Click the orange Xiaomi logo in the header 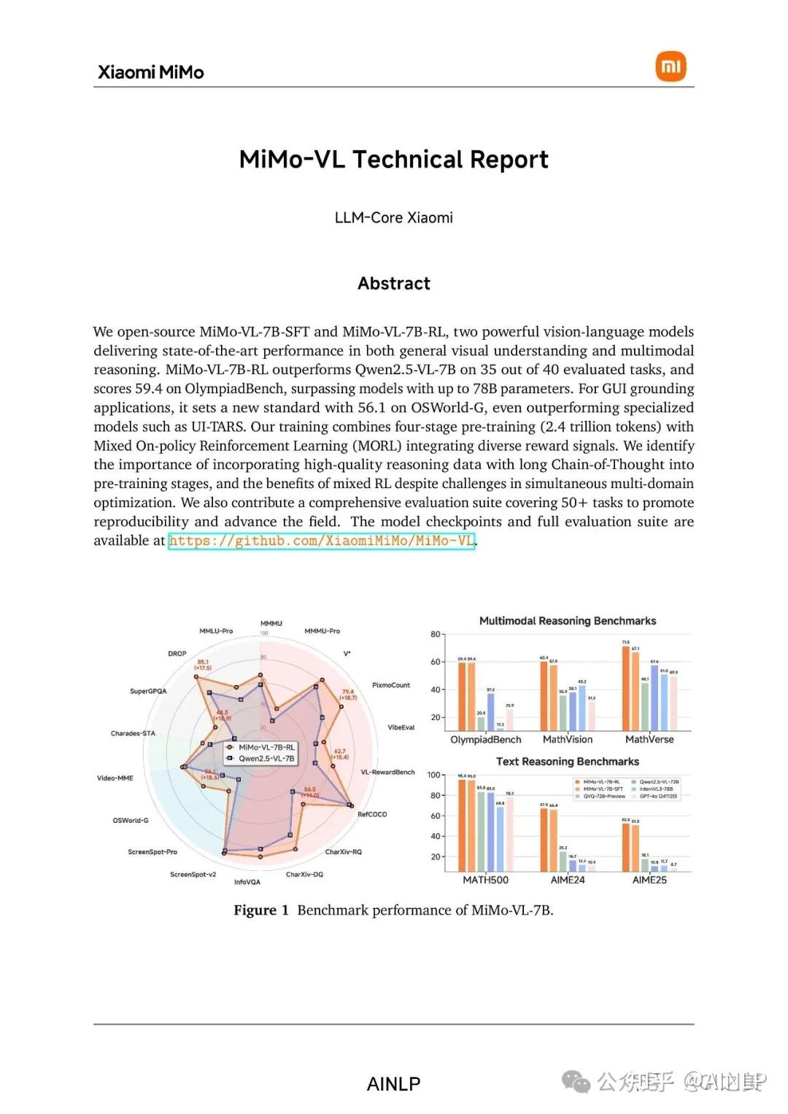[x=671, y=66]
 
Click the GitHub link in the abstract [x=321, y=541]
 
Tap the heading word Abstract [x=394, y=283]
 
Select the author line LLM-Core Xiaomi [x=394, y=217]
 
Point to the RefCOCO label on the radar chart [x=372, y=814]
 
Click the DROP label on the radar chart [x=177, y=654]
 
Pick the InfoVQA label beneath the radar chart [x=247, y=882]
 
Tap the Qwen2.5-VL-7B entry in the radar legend [x=266, y=759]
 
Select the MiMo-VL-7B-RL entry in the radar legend [x=266, y=747]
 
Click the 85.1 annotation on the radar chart [x=203, y=662]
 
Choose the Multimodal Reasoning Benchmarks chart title [x=568, y=621]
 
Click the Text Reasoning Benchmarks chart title [x=568, y=762]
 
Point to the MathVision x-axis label [x=568, y=739]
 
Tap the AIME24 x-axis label [x=568, y=880]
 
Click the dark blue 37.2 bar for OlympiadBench [x=490, y=711]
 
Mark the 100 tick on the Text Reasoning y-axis [x=434, y=775]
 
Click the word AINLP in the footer [x=394, y=1084]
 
